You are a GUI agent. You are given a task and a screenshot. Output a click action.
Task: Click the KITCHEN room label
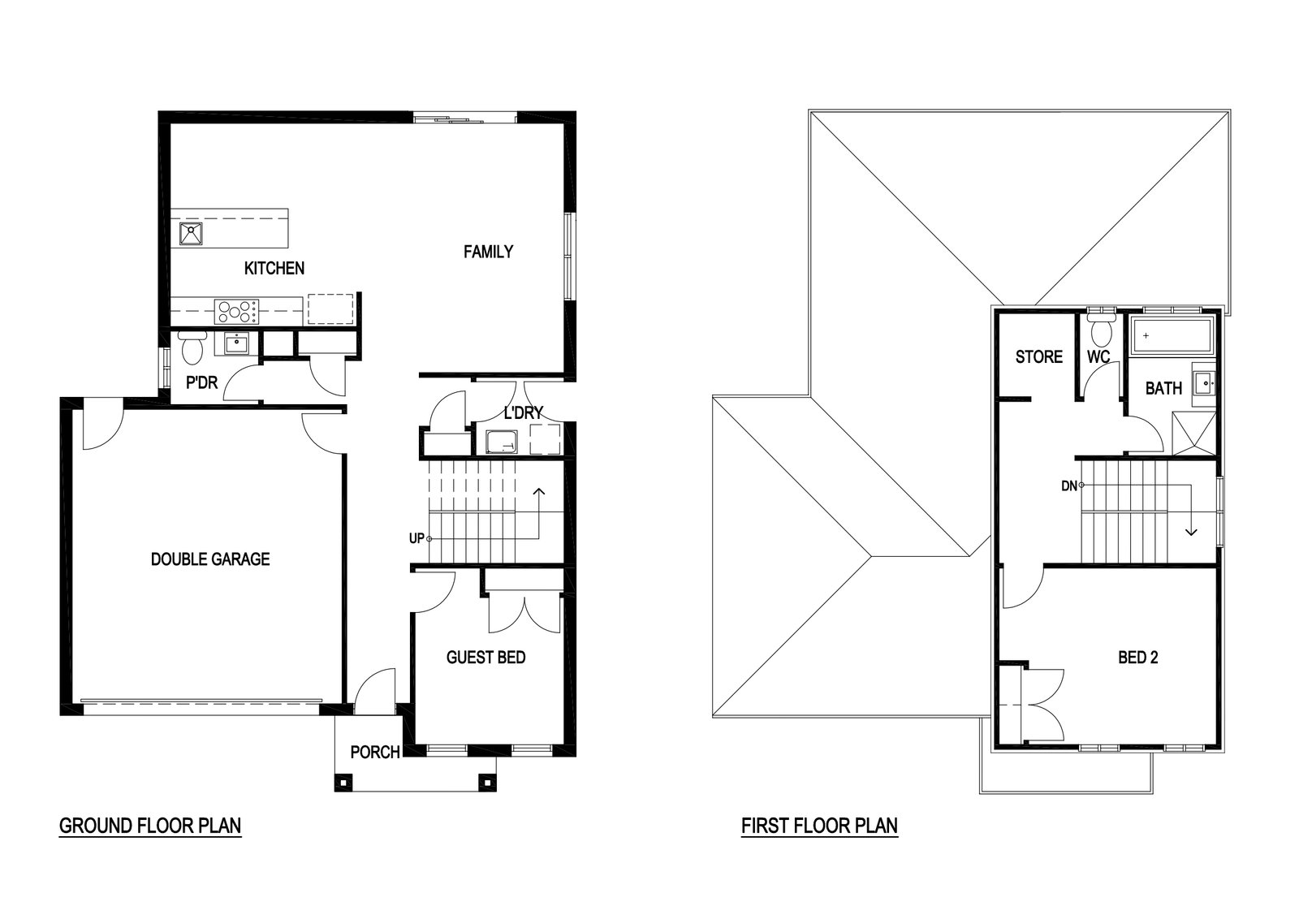pyautogui.click(x=274, y=269)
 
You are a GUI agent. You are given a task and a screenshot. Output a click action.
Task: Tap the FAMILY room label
pyautogui.click(x=488, y=252)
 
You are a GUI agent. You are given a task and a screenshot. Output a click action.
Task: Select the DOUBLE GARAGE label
pyautogui.click(x=210, y=559)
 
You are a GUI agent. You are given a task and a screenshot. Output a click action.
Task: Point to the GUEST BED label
pyautogui.click(x=486, y=658)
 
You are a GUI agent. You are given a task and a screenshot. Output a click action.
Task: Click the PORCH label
pyautogui.click(x=375, y=752)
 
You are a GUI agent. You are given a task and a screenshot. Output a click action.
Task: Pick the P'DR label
pyautogui.click(x=202, y=382)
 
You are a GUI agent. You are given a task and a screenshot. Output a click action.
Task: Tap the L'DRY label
pyautogui.click(x=524, y=413)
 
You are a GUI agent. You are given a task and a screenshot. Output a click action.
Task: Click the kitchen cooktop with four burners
pyautogui.click(x=236, y=312)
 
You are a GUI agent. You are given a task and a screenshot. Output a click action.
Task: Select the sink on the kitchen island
pyautogui.click(x=191, y=234)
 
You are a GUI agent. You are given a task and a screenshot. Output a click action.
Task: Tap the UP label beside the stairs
pyautogui.click(x=417, y=538)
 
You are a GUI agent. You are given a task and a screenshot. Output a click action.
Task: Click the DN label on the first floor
pyautogui.click(x=1068, y=485)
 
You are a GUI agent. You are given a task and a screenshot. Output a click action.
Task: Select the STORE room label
pyautogui.click(x=1039, y=356)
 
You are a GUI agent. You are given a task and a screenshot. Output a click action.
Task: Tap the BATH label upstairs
pyautogui.click(x=1164, y=389)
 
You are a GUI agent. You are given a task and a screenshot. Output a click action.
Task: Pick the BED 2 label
pyautogui.click(x=1138, y=658)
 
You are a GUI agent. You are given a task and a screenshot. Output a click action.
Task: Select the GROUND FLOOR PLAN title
pyautogui.click(x=150, y=826)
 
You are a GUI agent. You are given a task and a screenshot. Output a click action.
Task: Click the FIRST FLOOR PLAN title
pyautogui.click(x=819, y=826)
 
